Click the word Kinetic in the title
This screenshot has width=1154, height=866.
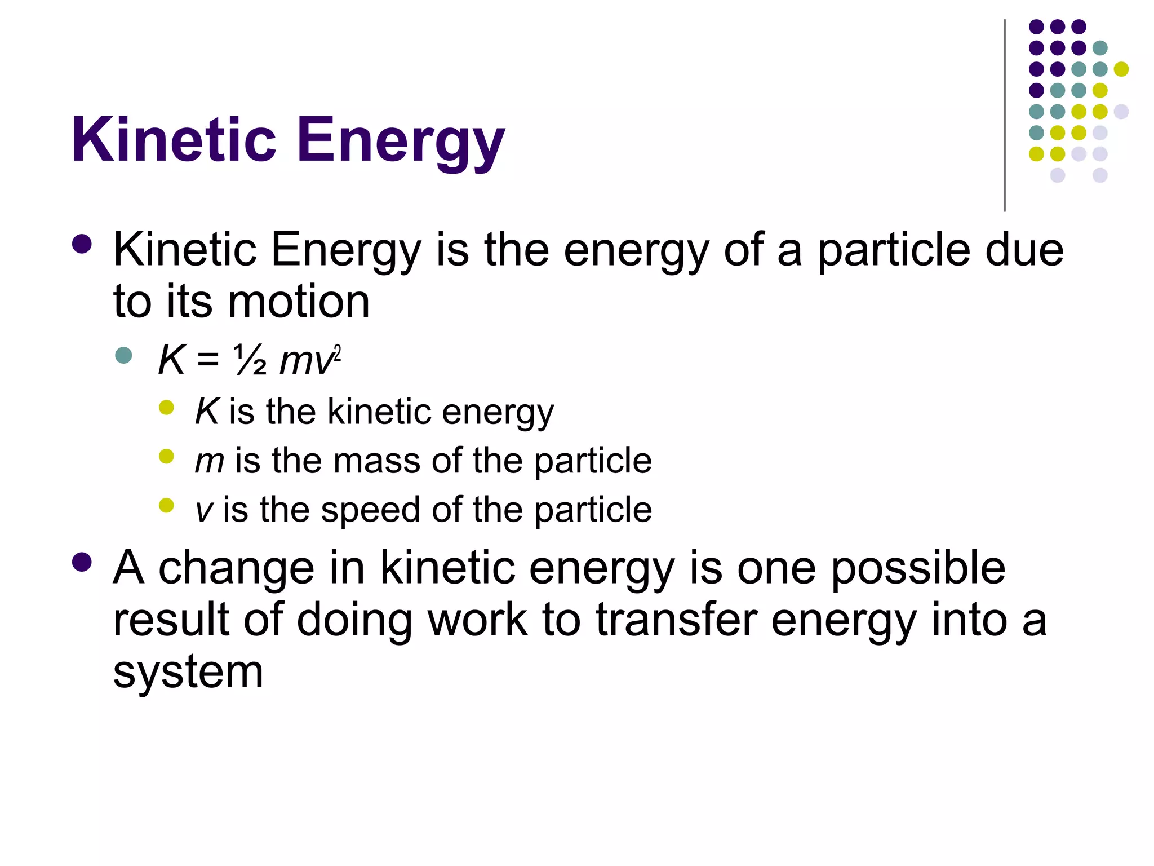174,140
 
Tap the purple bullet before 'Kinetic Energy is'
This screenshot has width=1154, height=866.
82,245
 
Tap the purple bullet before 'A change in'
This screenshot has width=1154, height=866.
82,562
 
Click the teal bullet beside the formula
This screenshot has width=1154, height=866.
123,355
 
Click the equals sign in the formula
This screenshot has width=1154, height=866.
208,361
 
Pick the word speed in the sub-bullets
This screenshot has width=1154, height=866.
371,511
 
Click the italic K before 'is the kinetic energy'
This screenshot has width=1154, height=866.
206,411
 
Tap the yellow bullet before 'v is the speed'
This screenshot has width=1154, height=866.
166,505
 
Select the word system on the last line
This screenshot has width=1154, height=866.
188,673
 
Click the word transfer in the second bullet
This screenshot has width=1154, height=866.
676,620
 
